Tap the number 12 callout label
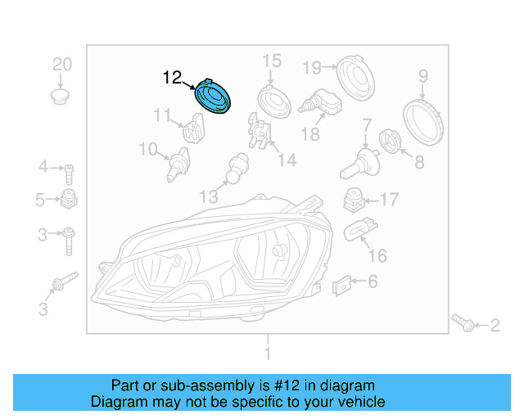[172, 79]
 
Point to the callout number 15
[271, 61]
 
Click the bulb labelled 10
[174, 164]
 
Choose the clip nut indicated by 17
[352, 200]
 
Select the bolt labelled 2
[463, 323]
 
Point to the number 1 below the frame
[266, 354]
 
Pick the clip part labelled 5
[69, 199]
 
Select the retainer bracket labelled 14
[258, 135]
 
